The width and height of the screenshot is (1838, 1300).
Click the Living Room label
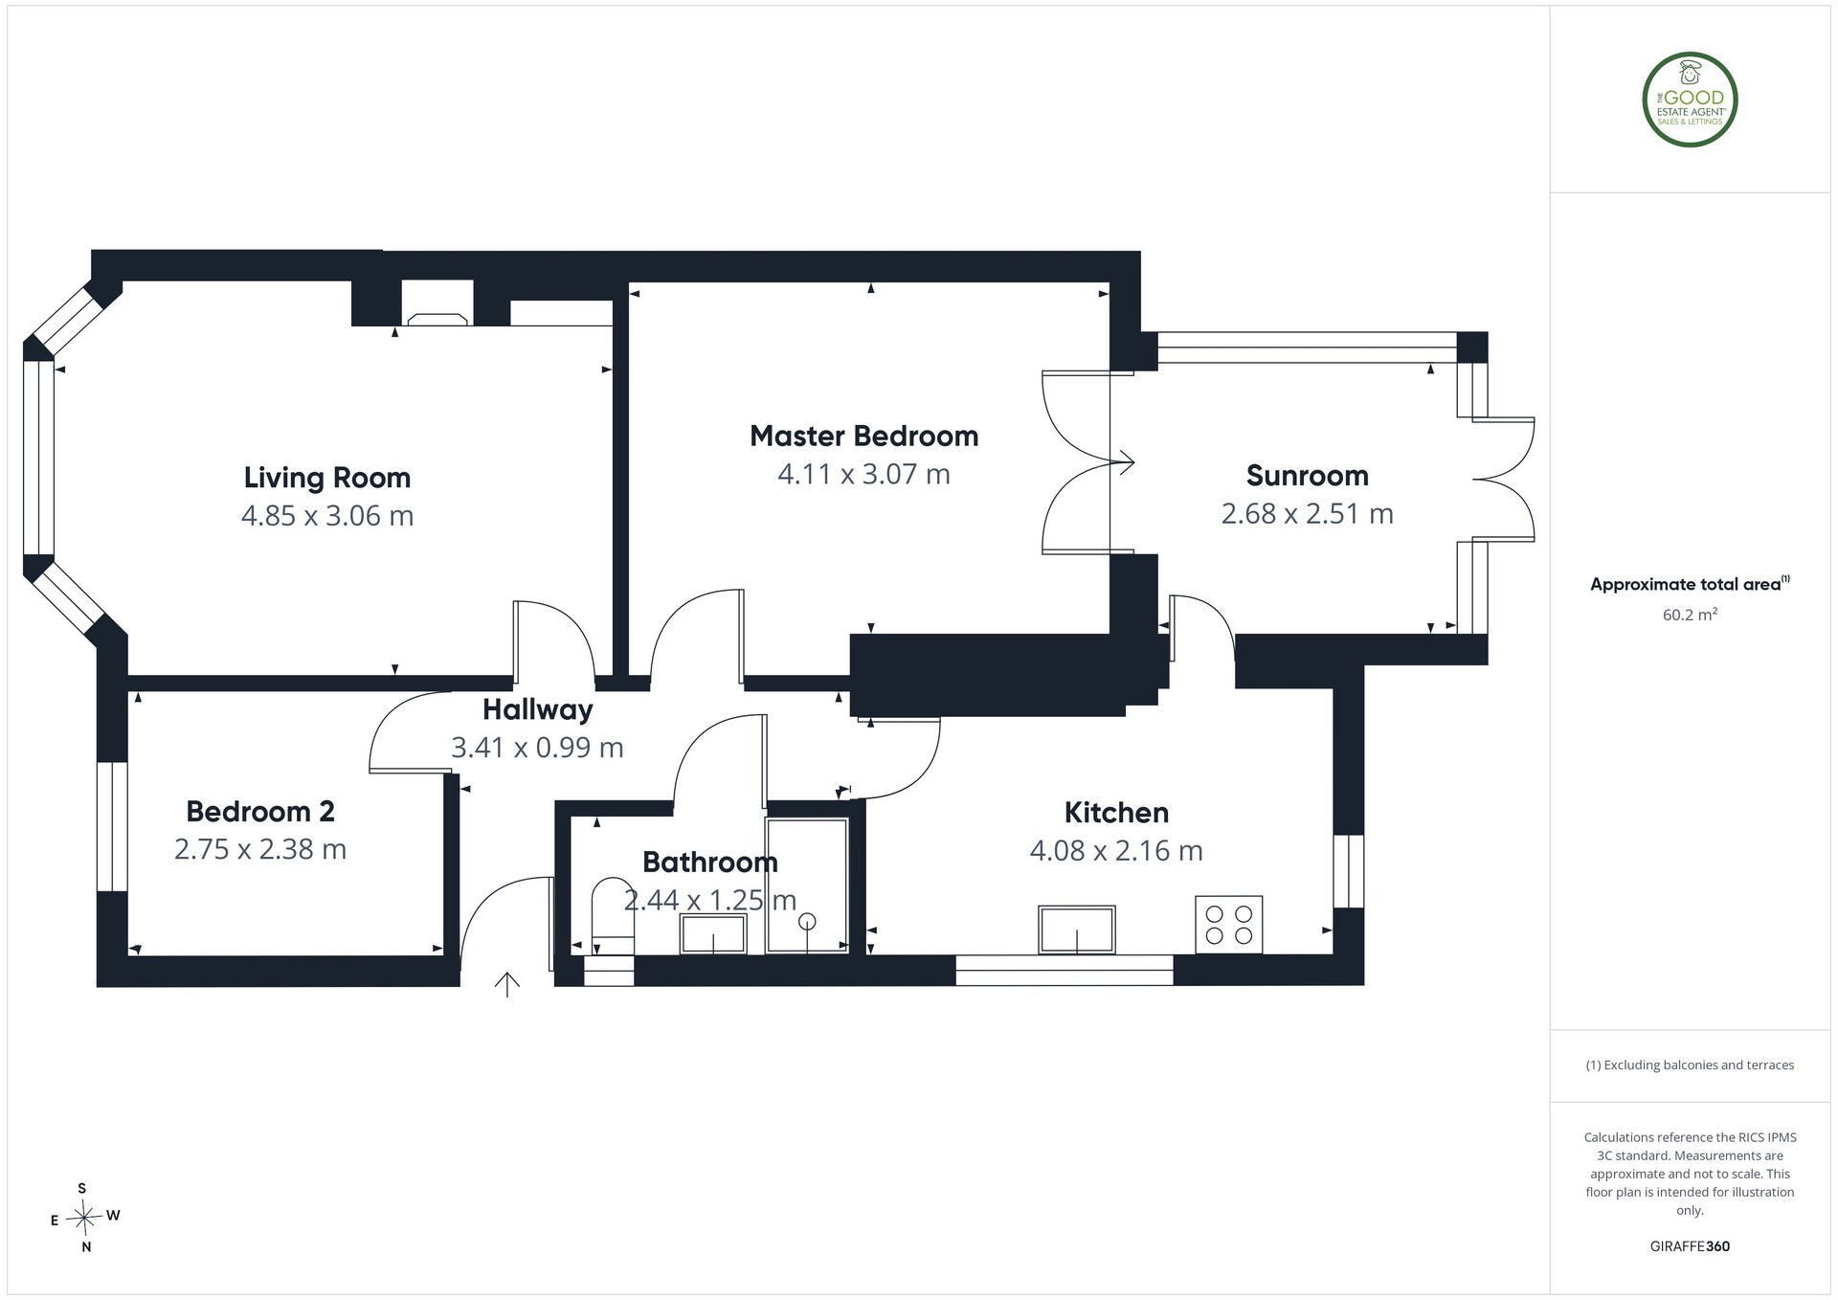(x=327, y=477)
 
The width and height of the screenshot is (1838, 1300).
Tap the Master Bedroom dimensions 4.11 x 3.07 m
(x=864, y=474)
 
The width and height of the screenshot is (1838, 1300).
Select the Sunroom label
(x=1308, y=475)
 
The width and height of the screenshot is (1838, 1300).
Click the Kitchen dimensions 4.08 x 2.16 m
(x=1116, y=850)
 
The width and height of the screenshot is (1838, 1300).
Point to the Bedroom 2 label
(x=260, y=811)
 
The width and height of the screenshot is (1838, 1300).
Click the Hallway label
(x=538, y=709)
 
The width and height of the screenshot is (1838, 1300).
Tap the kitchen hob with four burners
(x=1229, y=925)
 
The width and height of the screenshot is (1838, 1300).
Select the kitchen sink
(x=1077, y=930)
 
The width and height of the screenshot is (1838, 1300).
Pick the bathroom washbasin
(x=713, y=933)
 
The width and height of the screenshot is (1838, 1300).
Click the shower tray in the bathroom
(x=807, y=885)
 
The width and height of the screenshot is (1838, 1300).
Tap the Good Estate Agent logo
(x=1691, y=100)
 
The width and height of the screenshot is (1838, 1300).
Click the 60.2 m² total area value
(x=1690, y=615)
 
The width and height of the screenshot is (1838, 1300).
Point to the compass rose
(x=85, y=1218)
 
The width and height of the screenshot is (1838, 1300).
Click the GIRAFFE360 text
(x=1691, y=1246)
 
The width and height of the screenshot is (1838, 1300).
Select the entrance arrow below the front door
(x=506, y=984)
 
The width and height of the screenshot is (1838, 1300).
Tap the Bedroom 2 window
(x=112, y=827)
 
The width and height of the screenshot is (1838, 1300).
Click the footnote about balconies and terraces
(x=1691, y=1065)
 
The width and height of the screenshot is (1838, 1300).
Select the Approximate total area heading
(x=1690, y=584)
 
